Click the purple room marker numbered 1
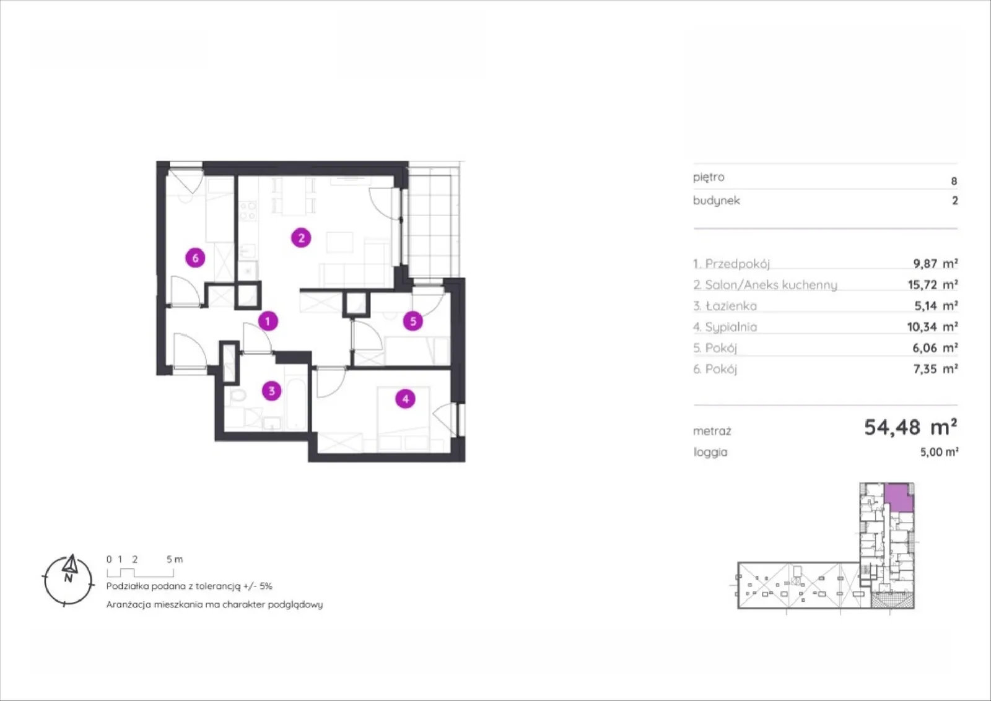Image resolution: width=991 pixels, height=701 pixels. (x=268, y=321)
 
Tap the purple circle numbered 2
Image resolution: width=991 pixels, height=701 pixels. (x=301, y=238)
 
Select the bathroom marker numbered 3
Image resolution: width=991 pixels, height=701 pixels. (x=272, y=391)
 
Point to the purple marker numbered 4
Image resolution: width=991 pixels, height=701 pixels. (x=405, y=399)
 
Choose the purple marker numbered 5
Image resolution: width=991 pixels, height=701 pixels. (x=413, y=321)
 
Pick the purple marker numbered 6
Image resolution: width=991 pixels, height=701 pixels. (x=195, y=258)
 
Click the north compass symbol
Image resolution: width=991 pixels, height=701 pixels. (x=68, y=580)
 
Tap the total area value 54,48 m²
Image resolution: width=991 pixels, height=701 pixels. (x=911, y=427)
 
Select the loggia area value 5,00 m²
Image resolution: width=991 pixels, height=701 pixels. (x=939, y=452)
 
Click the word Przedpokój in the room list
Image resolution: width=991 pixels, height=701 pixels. (x=738, y=264)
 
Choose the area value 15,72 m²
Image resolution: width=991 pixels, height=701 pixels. (x=933, y=284)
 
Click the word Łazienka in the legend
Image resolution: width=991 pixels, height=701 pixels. (x=731, y=306)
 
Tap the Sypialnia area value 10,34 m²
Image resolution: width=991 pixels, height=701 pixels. (x=933, y=327)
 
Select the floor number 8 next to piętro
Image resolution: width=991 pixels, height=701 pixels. (x=954, y=181)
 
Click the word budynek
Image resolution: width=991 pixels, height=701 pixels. (x=716, y=201)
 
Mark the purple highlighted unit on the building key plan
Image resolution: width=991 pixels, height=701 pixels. (x=899, y=497)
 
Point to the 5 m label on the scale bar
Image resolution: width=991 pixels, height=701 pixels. (x=175, y=559)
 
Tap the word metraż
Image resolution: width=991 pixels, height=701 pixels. (x=712, y=431)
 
